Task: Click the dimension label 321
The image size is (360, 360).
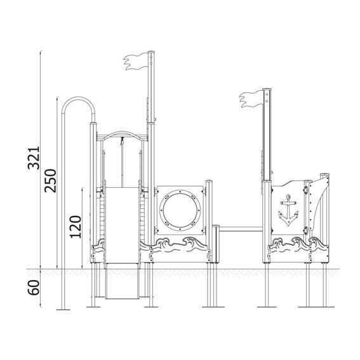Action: [34, 158]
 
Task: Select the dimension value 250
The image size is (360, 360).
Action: [50, 181]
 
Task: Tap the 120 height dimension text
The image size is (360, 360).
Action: [76, 227]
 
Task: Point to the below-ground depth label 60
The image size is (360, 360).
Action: [34, 288]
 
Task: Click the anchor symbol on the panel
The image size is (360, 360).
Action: [288, 210]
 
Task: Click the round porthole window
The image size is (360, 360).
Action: [180, 210]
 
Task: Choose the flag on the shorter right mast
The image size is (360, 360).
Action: [251, 99]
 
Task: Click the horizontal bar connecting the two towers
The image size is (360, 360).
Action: [241, 229]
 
